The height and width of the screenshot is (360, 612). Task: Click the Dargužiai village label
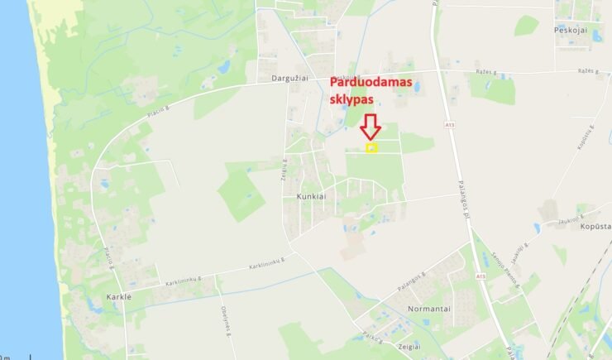click(x=290, y=78)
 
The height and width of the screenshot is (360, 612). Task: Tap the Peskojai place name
click(x=571, y=29)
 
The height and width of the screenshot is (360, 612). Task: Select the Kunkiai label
click(x=312, y=197)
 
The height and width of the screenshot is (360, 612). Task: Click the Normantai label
click(x=428, y=308)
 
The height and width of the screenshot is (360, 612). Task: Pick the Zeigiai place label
click(x=409, y=347)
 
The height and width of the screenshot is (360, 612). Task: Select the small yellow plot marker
click(x=371, y=148)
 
